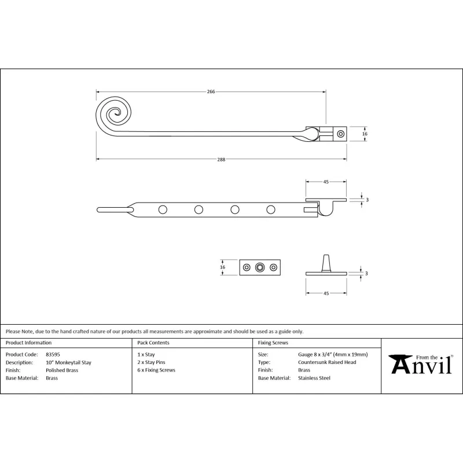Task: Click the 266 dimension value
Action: click(211, 91)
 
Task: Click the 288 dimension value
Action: click(221, 160)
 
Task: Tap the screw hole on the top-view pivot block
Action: click(341, 134)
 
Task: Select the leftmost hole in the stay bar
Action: click(163, 210)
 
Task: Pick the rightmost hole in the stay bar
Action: click(271, 210)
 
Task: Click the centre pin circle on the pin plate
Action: click(260, 267)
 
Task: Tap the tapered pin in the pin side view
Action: click(326, 263)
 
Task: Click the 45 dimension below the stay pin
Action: click(326, 293)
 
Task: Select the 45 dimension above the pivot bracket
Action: click(326, 182)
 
